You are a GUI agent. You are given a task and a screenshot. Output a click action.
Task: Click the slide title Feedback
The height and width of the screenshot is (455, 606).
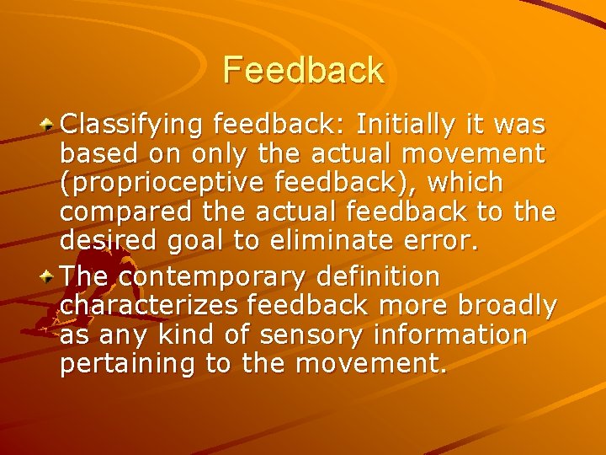click(303, 70)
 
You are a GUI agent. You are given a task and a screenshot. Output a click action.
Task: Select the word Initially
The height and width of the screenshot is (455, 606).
click(403, 126)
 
